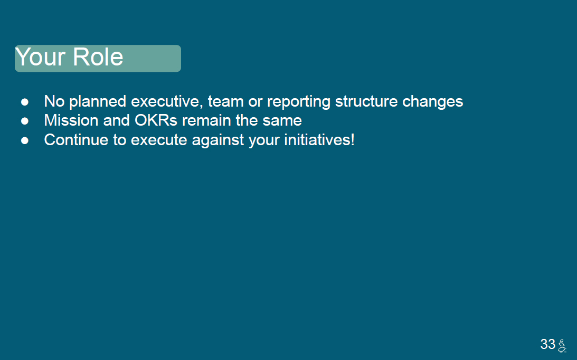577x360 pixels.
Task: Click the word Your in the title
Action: tap(41, 57)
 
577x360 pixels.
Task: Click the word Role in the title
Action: tap(98, 57)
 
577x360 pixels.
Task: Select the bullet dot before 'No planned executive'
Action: tap(25, 102)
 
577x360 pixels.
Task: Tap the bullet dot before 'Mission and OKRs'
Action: tap(25, 121)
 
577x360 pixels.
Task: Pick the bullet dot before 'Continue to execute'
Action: tap(25, 140)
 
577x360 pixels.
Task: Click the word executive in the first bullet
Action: tap(167, 101)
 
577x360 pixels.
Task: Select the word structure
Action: tap(366, 101)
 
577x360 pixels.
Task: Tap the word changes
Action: tap(433, 102)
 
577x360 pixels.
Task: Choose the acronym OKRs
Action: tap(156, 120)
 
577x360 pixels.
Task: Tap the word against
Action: tap(218, 140)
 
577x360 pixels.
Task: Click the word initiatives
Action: tap(316, 140)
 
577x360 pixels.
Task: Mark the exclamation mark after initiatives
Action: tap(352, 140)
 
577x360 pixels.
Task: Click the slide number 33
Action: tap(547, 344)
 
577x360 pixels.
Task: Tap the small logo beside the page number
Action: tap(562, 346)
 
